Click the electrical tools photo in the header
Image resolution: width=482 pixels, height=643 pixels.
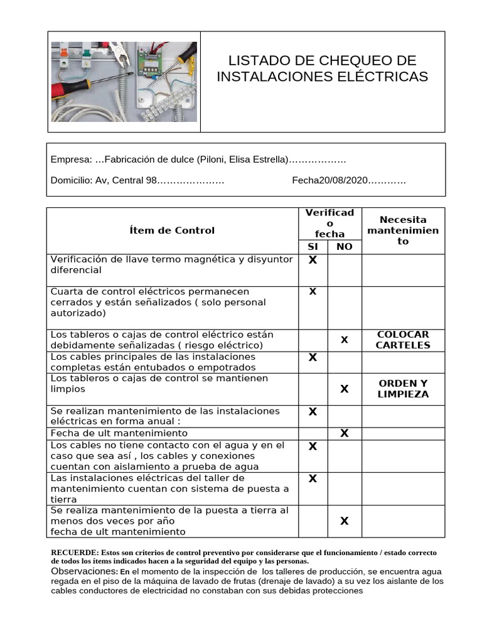[x=124, y=82]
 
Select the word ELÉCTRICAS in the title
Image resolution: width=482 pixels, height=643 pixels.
[x=383, y=77]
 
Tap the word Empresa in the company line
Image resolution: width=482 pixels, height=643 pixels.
[x=71, y=159]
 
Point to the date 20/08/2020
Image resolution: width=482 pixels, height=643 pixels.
[x=343, y=180]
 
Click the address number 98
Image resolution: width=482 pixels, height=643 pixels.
[x=151, y=180]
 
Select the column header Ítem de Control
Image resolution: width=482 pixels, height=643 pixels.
[x=171, y=230]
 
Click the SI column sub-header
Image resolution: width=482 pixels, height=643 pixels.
[x=313, y=247]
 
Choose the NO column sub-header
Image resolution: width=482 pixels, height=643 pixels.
[x=345, y=247]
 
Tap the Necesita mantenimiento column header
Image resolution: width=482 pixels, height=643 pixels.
[x=403, y=230]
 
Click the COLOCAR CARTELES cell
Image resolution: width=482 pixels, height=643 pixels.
[x=403, y=340]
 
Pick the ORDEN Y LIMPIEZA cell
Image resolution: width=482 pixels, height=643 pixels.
[x=403, y=389]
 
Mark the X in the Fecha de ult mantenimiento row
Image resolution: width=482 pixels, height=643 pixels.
[x=344, y=433]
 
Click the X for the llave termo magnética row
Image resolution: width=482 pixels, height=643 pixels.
[x=313, y=260]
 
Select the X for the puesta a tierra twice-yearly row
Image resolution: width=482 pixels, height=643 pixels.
[x=344, y=521]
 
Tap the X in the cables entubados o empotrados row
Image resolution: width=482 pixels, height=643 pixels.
[x=313, y=357]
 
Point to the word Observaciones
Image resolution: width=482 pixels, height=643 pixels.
[x=83, y=572]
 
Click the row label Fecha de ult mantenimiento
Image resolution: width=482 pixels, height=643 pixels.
[x=119, y=433]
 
